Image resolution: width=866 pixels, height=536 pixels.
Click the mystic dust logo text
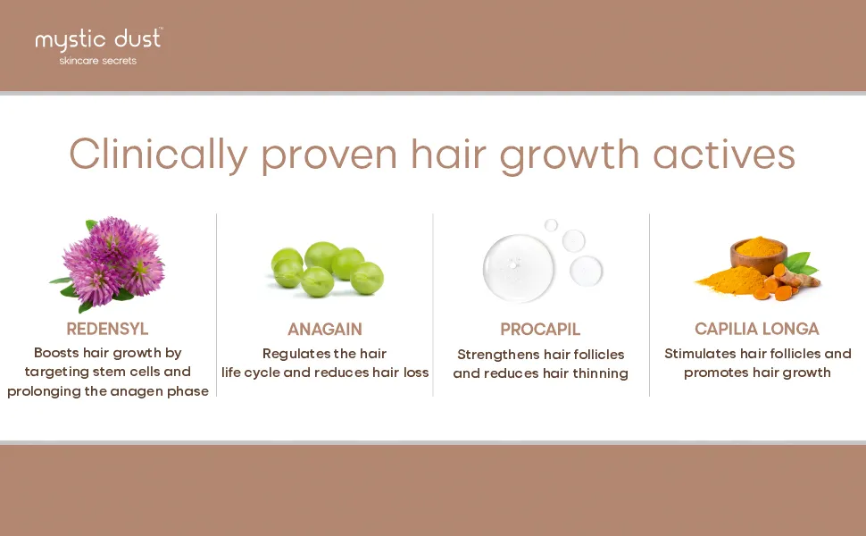97,40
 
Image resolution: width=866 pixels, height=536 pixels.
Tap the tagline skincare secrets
97,61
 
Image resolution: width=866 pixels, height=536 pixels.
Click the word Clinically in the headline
159,155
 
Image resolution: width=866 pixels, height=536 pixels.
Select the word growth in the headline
570,155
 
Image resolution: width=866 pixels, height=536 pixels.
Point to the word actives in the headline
724,155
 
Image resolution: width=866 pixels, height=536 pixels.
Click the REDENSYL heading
107,329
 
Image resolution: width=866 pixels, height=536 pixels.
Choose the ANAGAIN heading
325,330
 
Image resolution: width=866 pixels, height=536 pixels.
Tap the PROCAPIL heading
540,330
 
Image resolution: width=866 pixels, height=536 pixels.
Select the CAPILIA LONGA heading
757,329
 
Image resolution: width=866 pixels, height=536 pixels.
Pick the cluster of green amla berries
327,269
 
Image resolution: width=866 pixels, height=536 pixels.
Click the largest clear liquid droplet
518,268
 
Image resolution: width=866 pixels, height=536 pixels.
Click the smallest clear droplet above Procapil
551,225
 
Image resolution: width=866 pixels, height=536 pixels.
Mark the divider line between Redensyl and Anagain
216,305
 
